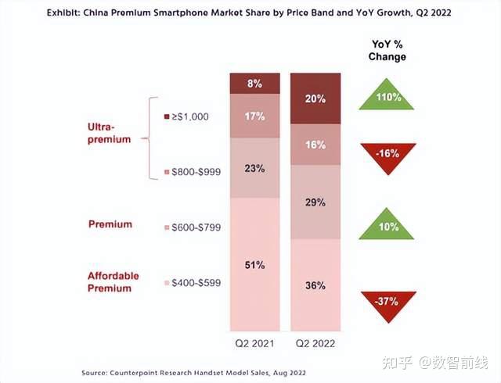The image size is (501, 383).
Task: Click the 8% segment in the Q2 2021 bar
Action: tap(255, 83)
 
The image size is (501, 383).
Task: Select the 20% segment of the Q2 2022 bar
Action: tap(315, 98)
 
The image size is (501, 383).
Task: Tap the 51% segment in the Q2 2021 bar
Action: tap(255, 264)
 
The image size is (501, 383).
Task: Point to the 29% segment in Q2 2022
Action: tap(315, 202)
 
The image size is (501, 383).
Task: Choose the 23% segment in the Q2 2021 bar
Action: tap(255, 168)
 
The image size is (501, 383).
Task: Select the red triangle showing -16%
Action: tap(386, 153)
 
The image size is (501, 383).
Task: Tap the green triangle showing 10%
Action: tap(386, 226)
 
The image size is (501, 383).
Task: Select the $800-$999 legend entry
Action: tap(191, 170)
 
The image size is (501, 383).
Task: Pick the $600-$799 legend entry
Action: tap(191, 227)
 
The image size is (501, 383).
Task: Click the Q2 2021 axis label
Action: tap(255, 343)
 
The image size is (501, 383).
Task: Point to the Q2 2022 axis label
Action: tap(315, 343)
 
